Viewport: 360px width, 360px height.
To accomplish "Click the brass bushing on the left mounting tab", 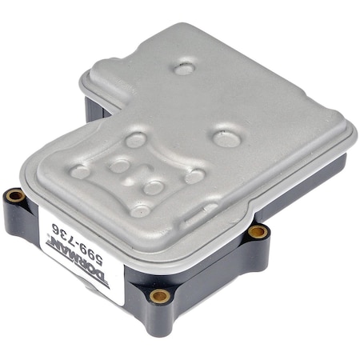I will click(x=14, y=195).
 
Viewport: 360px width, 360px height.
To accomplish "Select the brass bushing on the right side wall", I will click(x=257, y=232).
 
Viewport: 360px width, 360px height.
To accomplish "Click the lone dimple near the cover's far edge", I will click(x=184, y=68).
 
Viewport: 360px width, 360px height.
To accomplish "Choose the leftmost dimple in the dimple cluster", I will click(x=81, y=170).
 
